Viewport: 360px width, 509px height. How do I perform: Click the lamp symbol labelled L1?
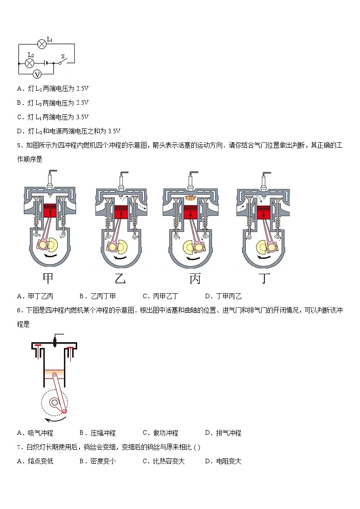click(42, 44)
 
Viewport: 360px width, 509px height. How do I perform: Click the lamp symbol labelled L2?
click(30, 63)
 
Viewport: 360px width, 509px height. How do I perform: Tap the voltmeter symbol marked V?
click(38, 74)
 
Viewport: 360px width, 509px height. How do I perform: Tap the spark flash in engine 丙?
click(190, 197)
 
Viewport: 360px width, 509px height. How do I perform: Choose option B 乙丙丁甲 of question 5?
click(97, 296)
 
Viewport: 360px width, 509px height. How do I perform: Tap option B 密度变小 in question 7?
click(97, 461)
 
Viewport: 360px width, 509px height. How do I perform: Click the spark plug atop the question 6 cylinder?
click(54, 340)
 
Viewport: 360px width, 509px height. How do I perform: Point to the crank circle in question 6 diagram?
click(54, 402)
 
